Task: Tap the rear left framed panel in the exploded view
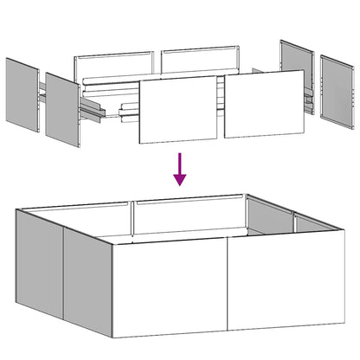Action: pos(115,69)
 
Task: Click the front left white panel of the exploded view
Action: pos(177,109)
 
